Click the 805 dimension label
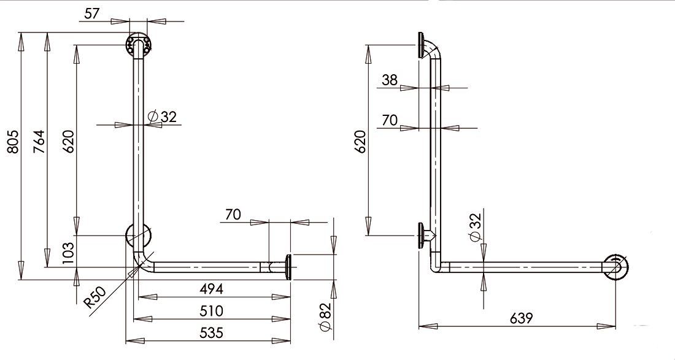(13, 142)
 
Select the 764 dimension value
(39, 142)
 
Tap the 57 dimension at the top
(91, 13)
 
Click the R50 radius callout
(94, 297)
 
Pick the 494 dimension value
(211, 289)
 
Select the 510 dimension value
(211, 310)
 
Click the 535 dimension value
(211, 332)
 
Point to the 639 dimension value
(522, 318)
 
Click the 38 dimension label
(390, 80)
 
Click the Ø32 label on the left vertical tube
(162, 116)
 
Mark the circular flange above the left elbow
(137, 236)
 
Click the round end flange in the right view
(615, 267)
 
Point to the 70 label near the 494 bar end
(233, 214)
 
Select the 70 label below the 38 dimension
(390, 120)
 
